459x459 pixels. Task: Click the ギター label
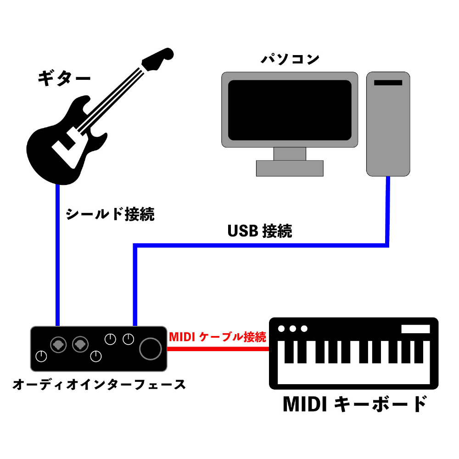pyautogui.click(x=64, y=78)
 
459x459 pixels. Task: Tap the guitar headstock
pyautogui.click(x=157, y=59)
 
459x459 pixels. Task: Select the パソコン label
pyautogui.click(x=290, y=59)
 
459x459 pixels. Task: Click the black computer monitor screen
pyautogui.click(x=290, y=110)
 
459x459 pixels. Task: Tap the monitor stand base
pyautogui.click(x=290, y=168)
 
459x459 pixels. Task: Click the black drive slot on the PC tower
pyautogui.click(x=388, y=83)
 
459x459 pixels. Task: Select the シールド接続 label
pyautogui.click(x=110, y=214)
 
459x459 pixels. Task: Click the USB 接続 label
pyautogui.click(x=260, y=231)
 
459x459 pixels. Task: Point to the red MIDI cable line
pyautogui.click(x=218, y=349)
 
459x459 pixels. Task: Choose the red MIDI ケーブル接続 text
pyautogui.click(x=218, y=336)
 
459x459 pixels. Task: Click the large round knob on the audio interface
pyautogui.click(x=151, y=349)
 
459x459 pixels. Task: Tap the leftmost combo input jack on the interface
pyautogui.click(x=58, y=345)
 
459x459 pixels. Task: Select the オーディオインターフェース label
pyautogui.click(x=99, y=384)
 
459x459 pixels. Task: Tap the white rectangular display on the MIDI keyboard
pyautogui.click(x=415, y=329)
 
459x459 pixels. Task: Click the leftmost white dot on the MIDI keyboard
pyautogui.click(x=281, y=329)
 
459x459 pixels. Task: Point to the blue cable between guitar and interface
pyautogui.click(x=58, y=255)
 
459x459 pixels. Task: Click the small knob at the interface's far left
pyautogui.click(x=41, y=356)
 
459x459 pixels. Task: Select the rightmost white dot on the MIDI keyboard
pyautogui.click(x=304, y=329)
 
